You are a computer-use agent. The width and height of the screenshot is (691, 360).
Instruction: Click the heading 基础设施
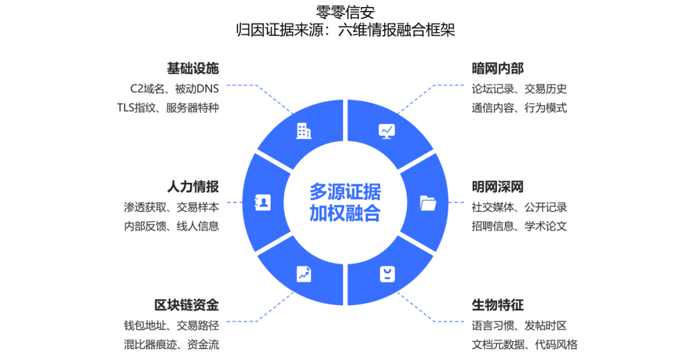(x=193, y=68)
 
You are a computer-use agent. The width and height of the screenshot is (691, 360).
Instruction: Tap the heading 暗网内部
(x=498, y=68)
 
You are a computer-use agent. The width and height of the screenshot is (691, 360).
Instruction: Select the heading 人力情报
(x=193, y=187)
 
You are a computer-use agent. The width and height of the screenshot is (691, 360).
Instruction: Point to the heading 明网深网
(x=498, y=187)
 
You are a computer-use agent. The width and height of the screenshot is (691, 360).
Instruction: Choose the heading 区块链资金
(x=186, y=305)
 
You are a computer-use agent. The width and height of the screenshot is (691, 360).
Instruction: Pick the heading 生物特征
(x=498, y=305)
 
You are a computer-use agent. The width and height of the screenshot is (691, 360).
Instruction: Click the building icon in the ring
(x=304, y=131)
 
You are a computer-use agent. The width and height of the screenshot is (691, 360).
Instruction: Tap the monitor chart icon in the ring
(x=387, y=131)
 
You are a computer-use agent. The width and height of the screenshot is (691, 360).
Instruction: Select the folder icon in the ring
(x=428, y=203)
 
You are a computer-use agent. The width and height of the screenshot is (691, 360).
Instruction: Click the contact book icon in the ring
(x=263, y=203)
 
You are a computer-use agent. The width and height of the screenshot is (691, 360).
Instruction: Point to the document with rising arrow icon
(x=304, y=274)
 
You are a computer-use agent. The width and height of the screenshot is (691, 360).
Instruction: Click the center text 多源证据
(x=345, y=192)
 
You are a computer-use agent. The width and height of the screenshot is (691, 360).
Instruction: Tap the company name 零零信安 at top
(x=345, y=12)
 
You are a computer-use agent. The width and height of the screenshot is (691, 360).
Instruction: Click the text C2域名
(x=148, y=89)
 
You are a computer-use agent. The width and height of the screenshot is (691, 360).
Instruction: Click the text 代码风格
(x=556, y=345)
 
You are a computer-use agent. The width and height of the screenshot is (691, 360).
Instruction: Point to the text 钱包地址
(x=145, y=325)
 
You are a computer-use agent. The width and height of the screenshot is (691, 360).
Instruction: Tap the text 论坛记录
(x=493, y=89)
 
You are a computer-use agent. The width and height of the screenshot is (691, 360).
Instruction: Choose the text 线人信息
(x=198, y=226)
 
